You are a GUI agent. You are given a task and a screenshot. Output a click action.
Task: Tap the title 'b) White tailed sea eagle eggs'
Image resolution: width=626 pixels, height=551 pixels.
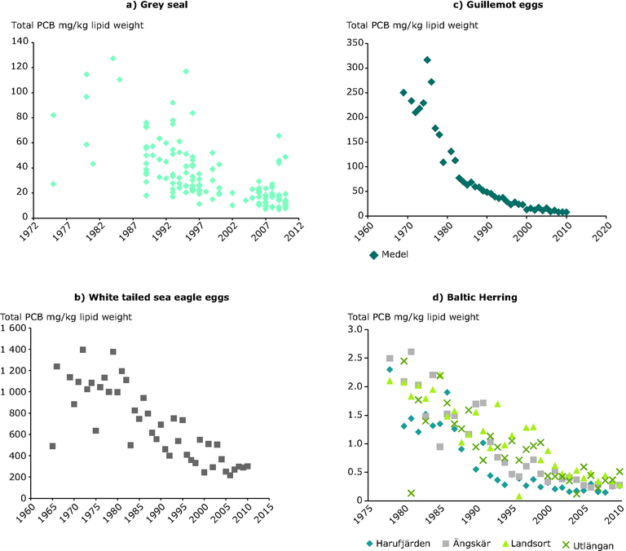tap(152, 298)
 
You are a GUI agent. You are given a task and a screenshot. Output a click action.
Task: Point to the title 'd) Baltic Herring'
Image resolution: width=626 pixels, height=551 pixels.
tap(478, 298)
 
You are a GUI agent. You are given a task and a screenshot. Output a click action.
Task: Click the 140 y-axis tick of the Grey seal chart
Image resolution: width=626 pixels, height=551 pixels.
tap(20, 42)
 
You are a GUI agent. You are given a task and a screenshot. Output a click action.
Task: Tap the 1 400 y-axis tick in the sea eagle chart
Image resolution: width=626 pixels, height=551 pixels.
tap(13, 328)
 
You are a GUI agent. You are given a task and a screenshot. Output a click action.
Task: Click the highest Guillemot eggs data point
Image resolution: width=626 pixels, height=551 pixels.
tap(427, 60)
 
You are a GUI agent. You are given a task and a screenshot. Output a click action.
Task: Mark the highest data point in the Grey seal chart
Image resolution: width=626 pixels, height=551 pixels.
tap(112, 59)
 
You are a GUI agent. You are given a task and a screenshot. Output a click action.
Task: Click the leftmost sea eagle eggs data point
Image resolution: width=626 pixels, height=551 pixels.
tap(52, 446)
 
